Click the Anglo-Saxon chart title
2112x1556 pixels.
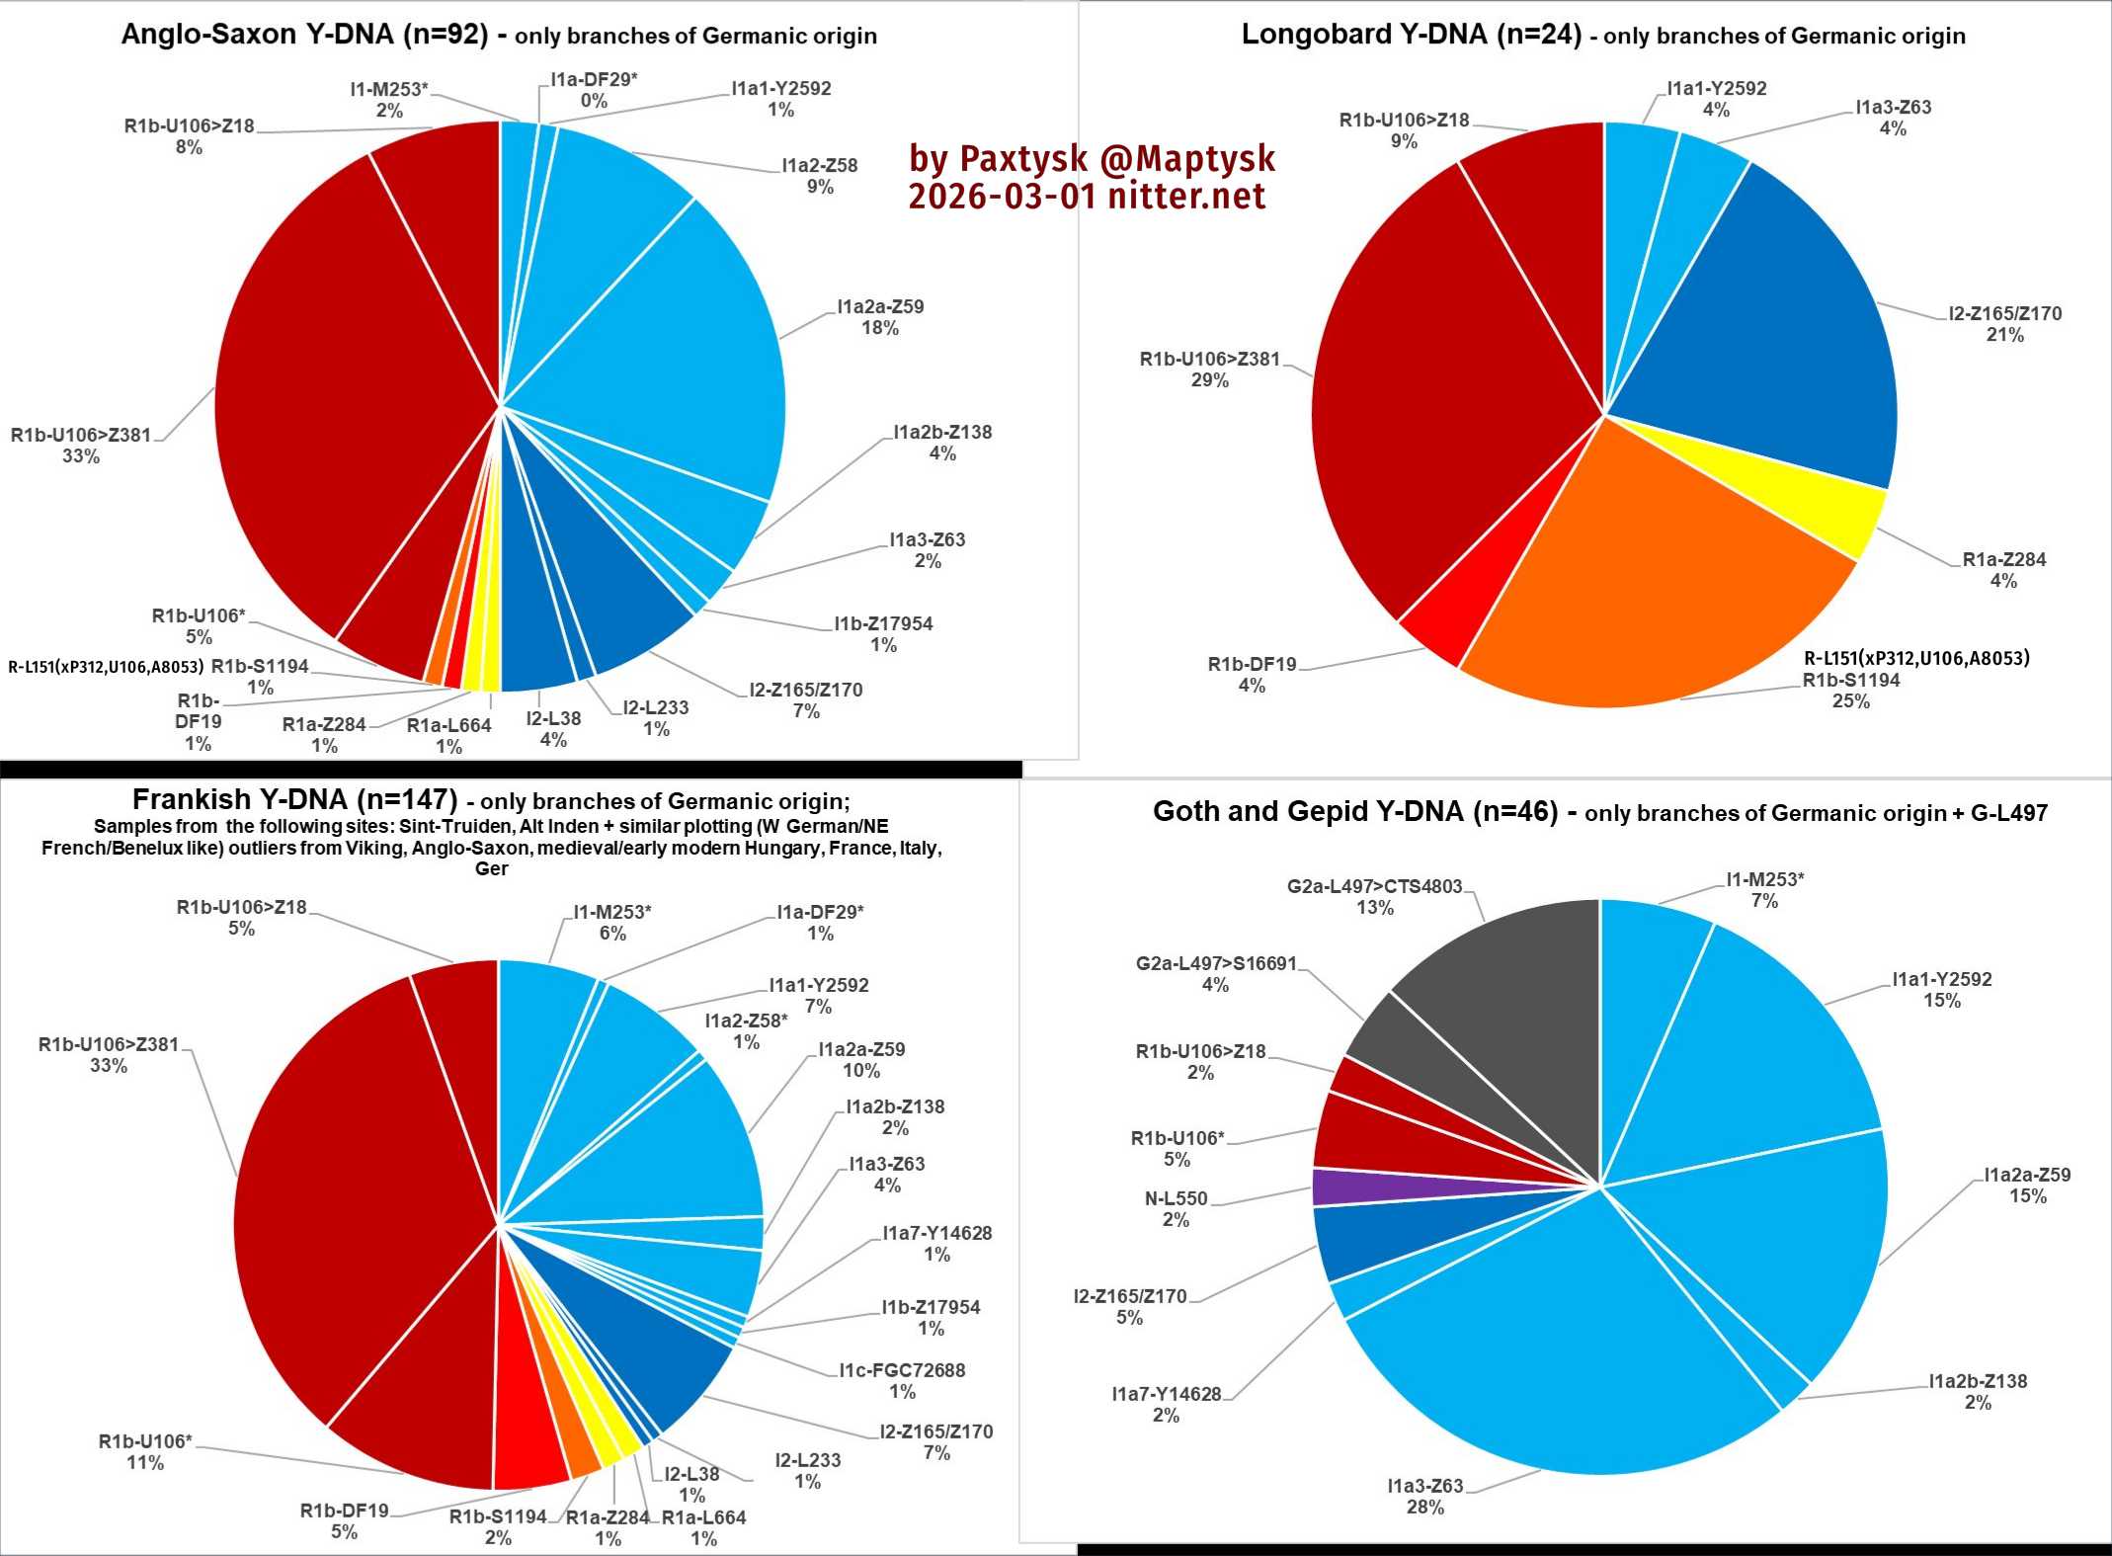[x=499, y=36]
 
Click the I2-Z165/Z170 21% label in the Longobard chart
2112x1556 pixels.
[x=2004, y=324]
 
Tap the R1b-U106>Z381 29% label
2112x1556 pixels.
[x=1209, y=369]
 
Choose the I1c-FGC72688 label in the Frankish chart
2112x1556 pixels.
[x=902, y=1380]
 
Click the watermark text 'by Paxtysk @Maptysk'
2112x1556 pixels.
[x=1092, y=158]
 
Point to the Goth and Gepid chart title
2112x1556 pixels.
[x=1599, y=812]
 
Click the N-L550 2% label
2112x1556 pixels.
[x=1176, y=1208]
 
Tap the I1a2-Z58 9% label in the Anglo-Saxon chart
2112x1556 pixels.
[x=819, y=175]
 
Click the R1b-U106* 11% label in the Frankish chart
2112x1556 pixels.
[x=145, y=1451]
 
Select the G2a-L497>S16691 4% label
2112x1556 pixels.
[x=1215, y=973]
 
